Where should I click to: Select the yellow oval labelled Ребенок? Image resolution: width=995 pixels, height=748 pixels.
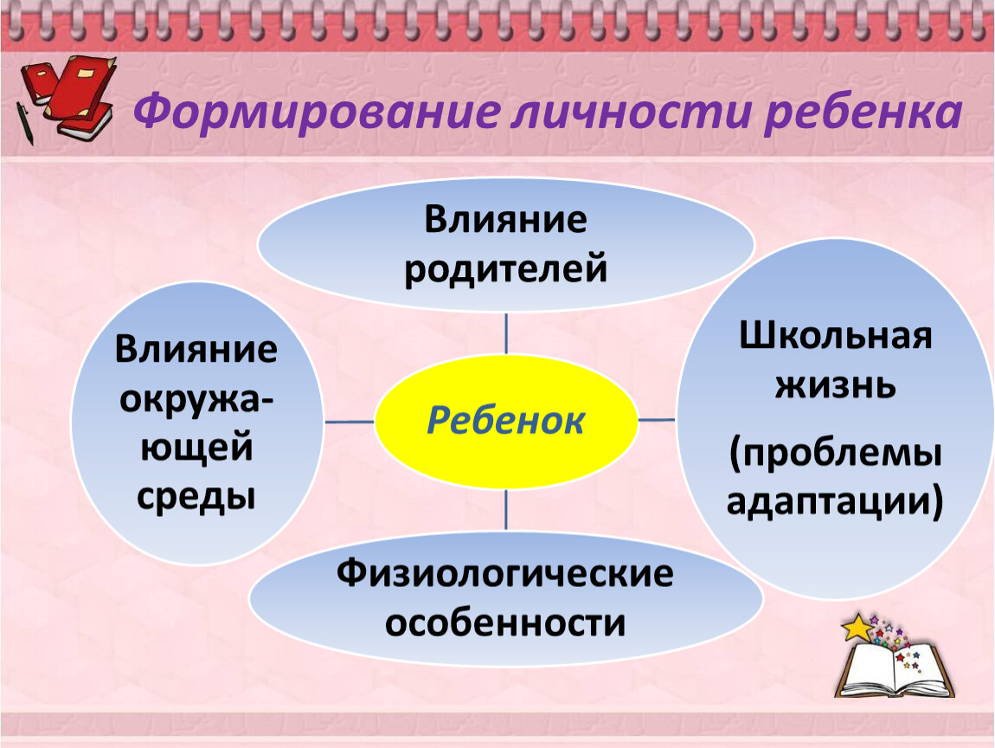pyautogui.click(x=506, y=421)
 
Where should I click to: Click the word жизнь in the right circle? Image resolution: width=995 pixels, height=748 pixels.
pyautogui.click(x=836, y=384)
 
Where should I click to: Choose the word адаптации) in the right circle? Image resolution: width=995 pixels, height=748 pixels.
pyautogui.click(x=835, y=501)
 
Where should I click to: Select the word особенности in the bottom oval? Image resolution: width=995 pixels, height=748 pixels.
pyautogui.click(x=505, y=622)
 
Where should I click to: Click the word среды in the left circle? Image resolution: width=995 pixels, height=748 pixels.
pyautogui.click(x=196, y=497)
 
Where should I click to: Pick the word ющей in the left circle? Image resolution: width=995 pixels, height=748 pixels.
pyautogui.click(x=196, y=448)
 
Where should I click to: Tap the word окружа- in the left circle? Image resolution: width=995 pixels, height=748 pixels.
pyautogui.click(x=196, y=400)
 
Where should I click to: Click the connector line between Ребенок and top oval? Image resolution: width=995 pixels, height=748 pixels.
pyautogui.click(x=506, y=332)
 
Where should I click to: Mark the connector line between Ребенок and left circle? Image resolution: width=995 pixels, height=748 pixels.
pyautogui.click(x=349, y=421)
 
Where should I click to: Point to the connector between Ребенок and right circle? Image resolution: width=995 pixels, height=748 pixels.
pyautogui.click(x=657, y=420)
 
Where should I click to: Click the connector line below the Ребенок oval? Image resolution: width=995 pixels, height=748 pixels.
pyautogui.click(x=506, y=509)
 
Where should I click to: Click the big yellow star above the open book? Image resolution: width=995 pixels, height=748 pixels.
pyautogui.click(x=858, y=628)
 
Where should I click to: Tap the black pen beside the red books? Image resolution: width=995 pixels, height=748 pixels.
pyautogui.click(x=25, y=123)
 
